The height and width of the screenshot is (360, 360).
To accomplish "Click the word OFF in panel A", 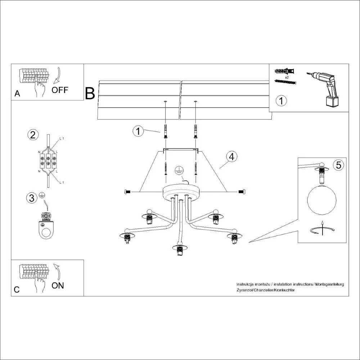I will (59, 90).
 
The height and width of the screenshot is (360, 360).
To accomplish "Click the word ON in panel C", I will (58, 285).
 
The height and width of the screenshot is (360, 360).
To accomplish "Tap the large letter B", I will (90, 93).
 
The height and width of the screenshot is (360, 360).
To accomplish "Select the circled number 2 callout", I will (33, 135).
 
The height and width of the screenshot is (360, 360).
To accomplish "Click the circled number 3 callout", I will (32, 198).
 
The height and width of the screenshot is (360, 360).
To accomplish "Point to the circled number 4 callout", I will (232, 157).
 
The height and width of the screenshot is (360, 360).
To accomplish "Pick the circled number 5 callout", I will (338, 165).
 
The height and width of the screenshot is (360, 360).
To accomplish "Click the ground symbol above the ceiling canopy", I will (179, 171).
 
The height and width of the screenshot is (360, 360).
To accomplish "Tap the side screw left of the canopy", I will (127, 192).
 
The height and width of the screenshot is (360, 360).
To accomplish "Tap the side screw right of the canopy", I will (242, 192).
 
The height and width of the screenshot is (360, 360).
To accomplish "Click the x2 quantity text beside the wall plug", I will (287, 77).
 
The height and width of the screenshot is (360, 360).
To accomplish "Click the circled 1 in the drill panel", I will (282, 100).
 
